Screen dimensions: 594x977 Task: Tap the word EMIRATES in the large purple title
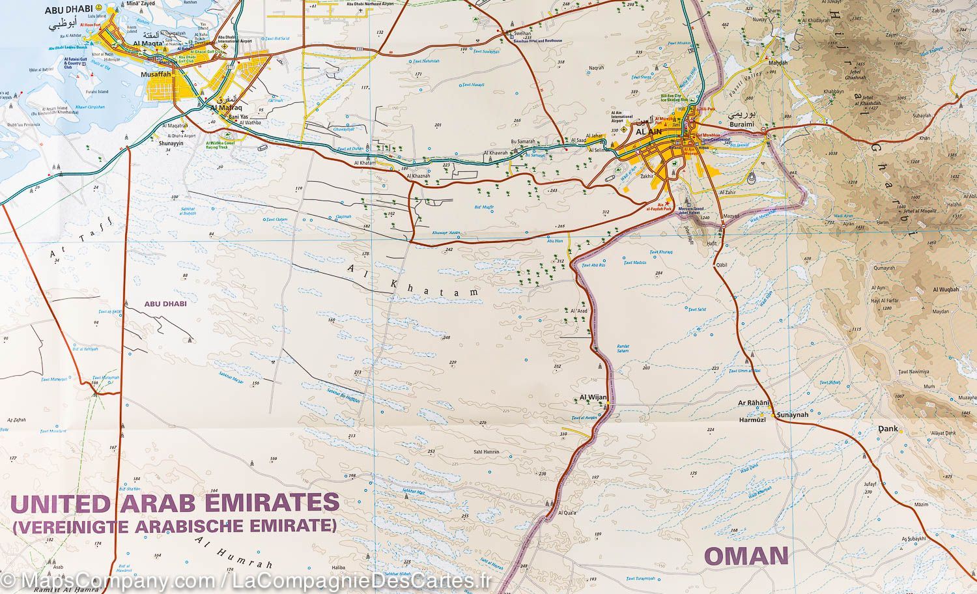(267, 503)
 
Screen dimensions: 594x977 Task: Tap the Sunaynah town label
(791, 414)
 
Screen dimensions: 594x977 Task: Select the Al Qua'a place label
(569, 513)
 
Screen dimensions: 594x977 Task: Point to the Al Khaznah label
(418, 176)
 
